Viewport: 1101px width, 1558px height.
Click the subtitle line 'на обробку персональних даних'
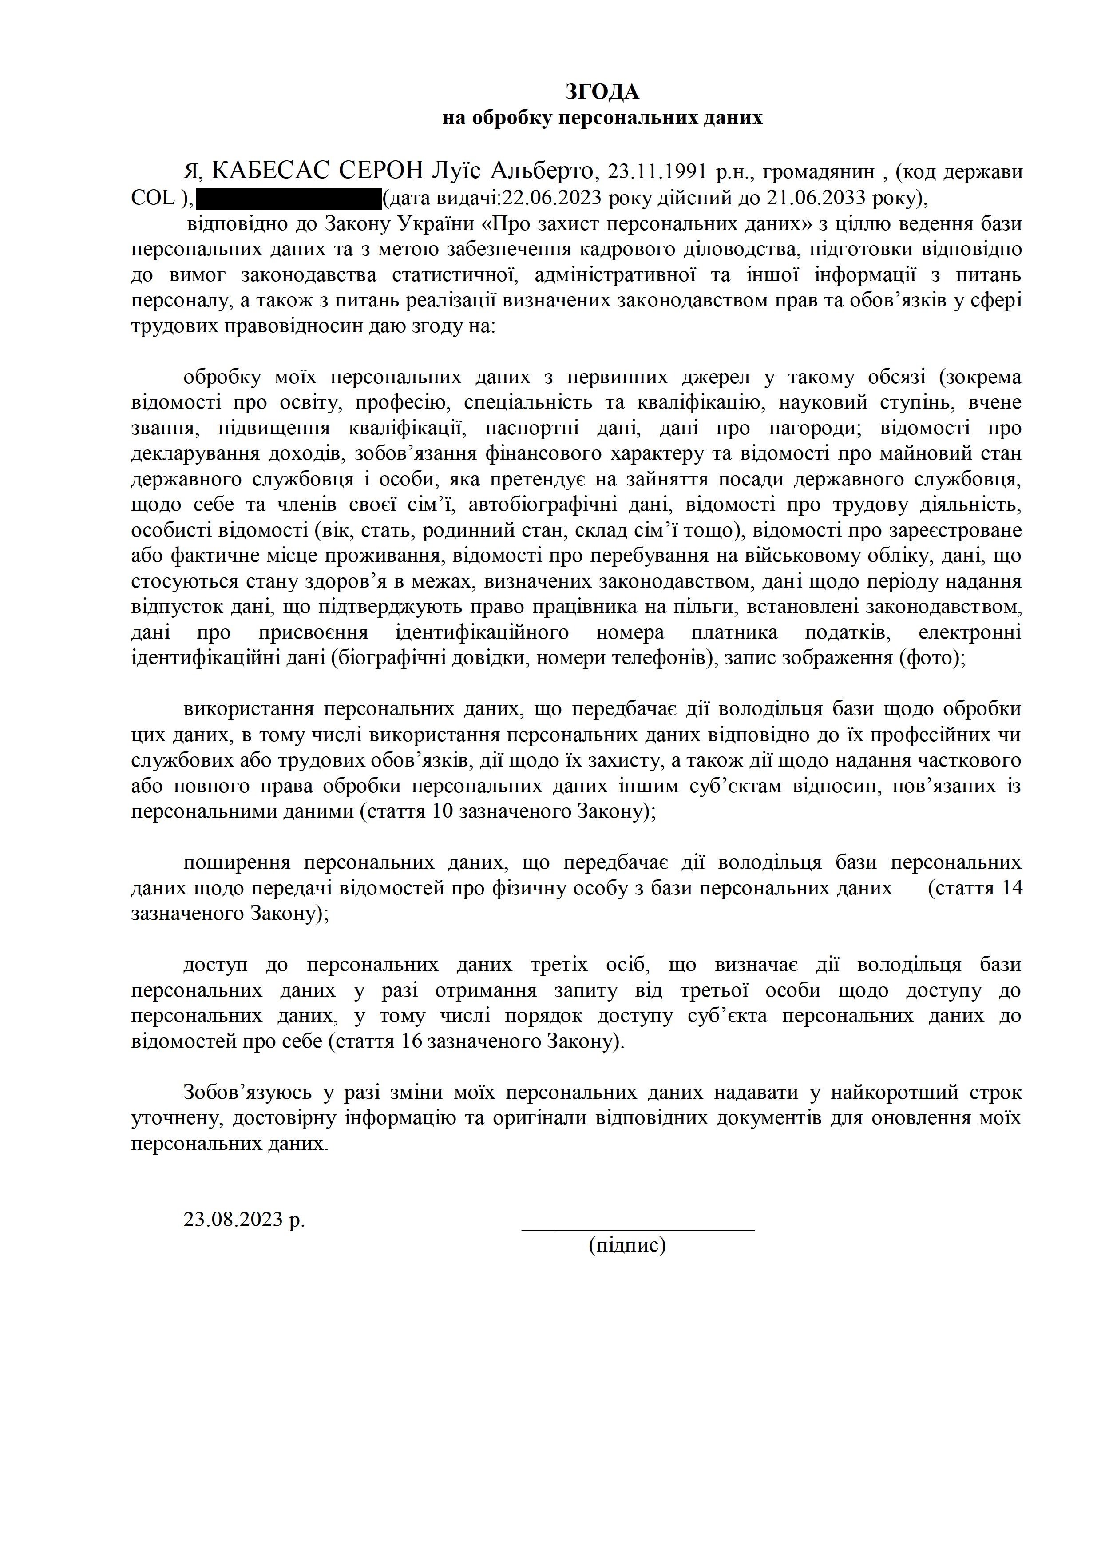(602, 118)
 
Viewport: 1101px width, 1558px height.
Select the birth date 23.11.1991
(656, 172)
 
